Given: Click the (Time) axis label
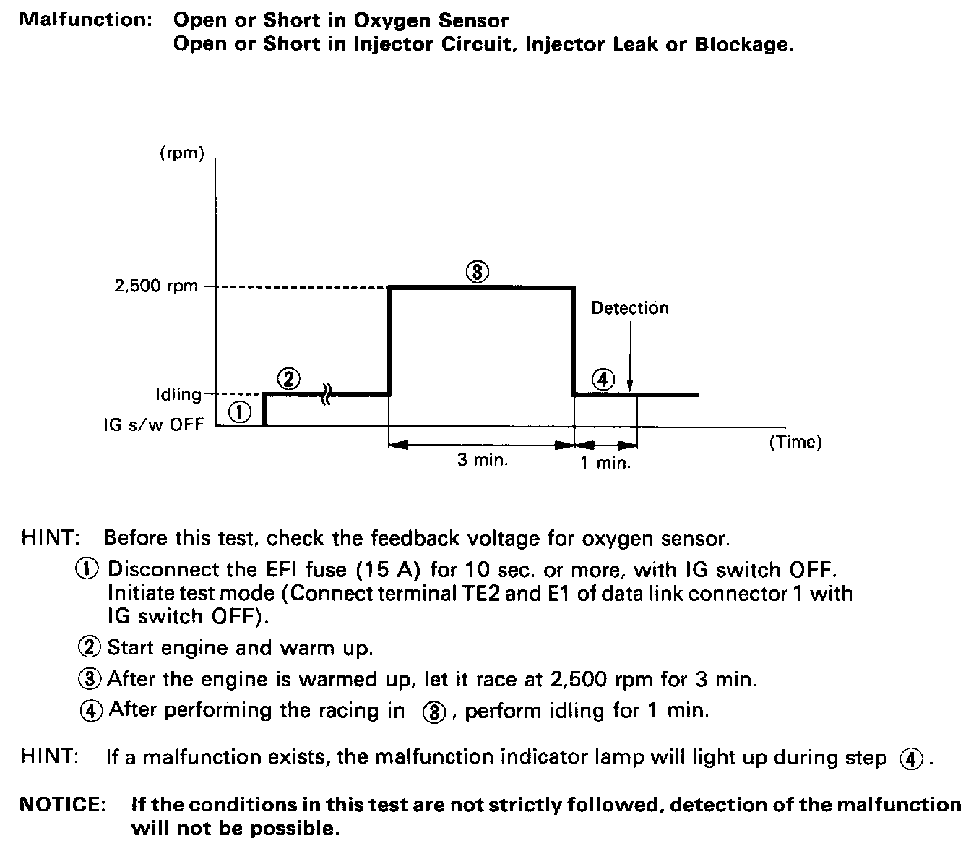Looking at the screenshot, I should point(795,442).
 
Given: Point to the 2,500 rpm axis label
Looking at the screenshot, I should point(156,286).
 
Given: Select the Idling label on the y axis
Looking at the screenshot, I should point(178,395).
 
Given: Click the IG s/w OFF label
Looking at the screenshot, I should point(153,424).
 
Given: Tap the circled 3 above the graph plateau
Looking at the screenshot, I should point(477,272).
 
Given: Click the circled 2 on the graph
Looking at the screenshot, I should point(288,379).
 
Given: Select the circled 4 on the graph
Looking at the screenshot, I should point(603,379).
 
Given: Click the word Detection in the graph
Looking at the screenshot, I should point(630,308).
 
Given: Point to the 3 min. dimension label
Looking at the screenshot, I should point(483,460).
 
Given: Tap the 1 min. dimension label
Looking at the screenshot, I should point(605,463).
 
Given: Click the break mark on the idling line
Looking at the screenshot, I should point(326,395).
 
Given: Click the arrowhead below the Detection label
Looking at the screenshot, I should point(631,387).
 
